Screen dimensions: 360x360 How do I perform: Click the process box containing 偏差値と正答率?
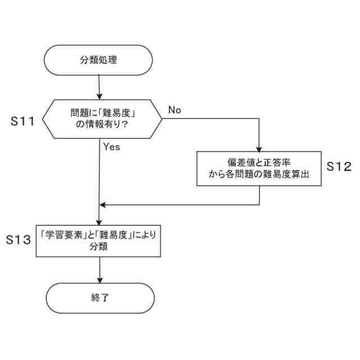coord(259,168)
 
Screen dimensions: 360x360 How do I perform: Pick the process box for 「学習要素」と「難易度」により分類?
coord(98,240)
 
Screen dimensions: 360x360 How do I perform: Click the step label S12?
coord(339,166)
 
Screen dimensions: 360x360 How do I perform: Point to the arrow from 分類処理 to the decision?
coord(99,87)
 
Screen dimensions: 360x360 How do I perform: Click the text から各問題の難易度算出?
coord(259,175)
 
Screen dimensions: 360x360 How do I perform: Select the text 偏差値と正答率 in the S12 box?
coord(259,161)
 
